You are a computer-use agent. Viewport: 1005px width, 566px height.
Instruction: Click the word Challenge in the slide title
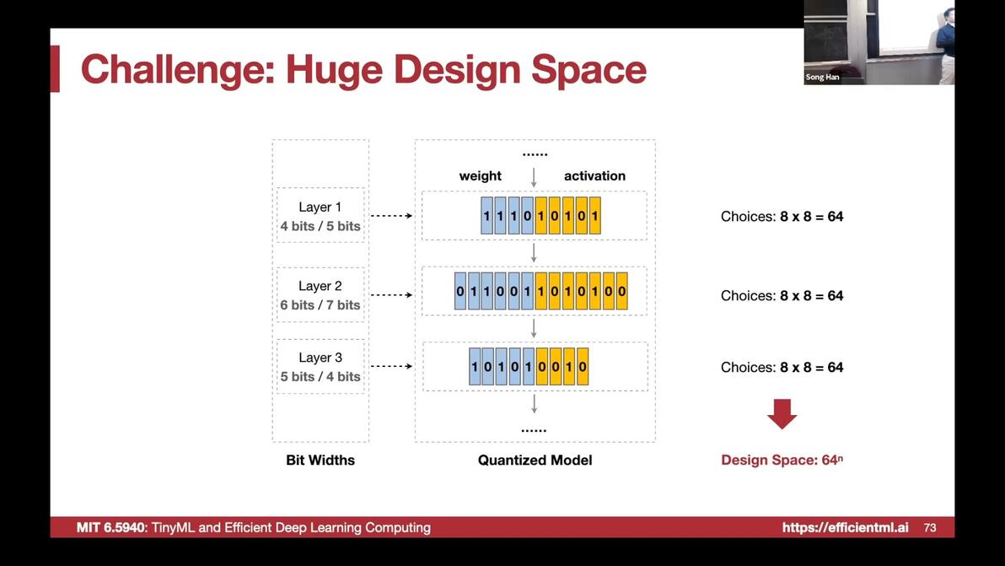tap(178, 70)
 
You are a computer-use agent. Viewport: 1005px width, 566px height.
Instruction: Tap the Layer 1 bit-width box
tap(320, 215)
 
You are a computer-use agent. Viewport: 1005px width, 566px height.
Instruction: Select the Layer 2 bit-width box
tap(320, 295)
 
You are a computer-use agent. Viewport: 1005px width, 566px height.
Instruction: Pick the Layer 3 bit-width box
tap(320, 366)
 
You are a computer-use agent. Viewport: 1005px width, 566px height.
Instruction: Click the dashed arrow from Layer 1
tap(391, 215)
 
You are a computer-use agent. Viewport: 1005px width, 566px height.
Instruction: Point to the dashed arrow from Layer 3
tap(391, 366)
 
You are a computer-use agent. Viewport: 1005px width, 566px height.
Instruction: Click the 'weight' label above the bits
tap(480, 176)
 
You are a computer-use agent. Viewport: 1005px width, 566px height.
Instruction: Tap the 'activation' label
tap(594, 175)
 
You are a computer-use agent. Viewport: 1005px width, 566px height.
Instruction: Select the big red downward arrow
tap(782, 414)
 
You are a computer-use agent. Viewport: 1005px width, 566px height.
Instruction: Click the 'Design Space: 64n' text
tap(782, 460)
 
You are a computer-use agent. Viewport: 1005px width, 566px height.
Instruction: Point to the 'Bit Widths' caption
tap(320, 460)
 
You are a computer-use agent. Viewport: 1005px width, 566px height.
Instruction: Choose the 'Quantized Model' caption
tap(535, 460)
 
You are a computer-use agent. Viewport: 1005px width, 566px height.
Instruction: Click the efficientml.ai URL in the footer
tap(845, 527)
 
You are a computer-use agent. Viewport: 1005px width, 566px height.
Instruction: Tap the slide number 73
tap(930, 527)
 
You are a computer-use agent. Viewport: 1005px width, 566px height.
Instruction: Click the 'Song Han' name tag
tap(822, 77)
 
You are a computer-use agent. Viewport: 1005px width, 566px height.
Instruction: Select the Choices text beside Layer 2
tap(782, 295)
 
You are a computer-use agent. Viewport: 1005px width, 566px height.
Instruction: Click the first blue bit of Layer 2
tap(460, 291)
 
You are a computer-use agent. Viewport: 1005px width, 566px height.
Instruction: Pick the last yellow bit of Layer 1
tap(594, 215)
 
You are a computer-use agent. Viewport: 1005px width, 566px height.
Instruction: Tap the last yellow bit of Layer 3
tap(582, 366)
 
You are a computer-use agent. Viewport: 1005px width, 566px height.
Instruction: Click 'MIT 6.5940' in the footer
tap(111, 527)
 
